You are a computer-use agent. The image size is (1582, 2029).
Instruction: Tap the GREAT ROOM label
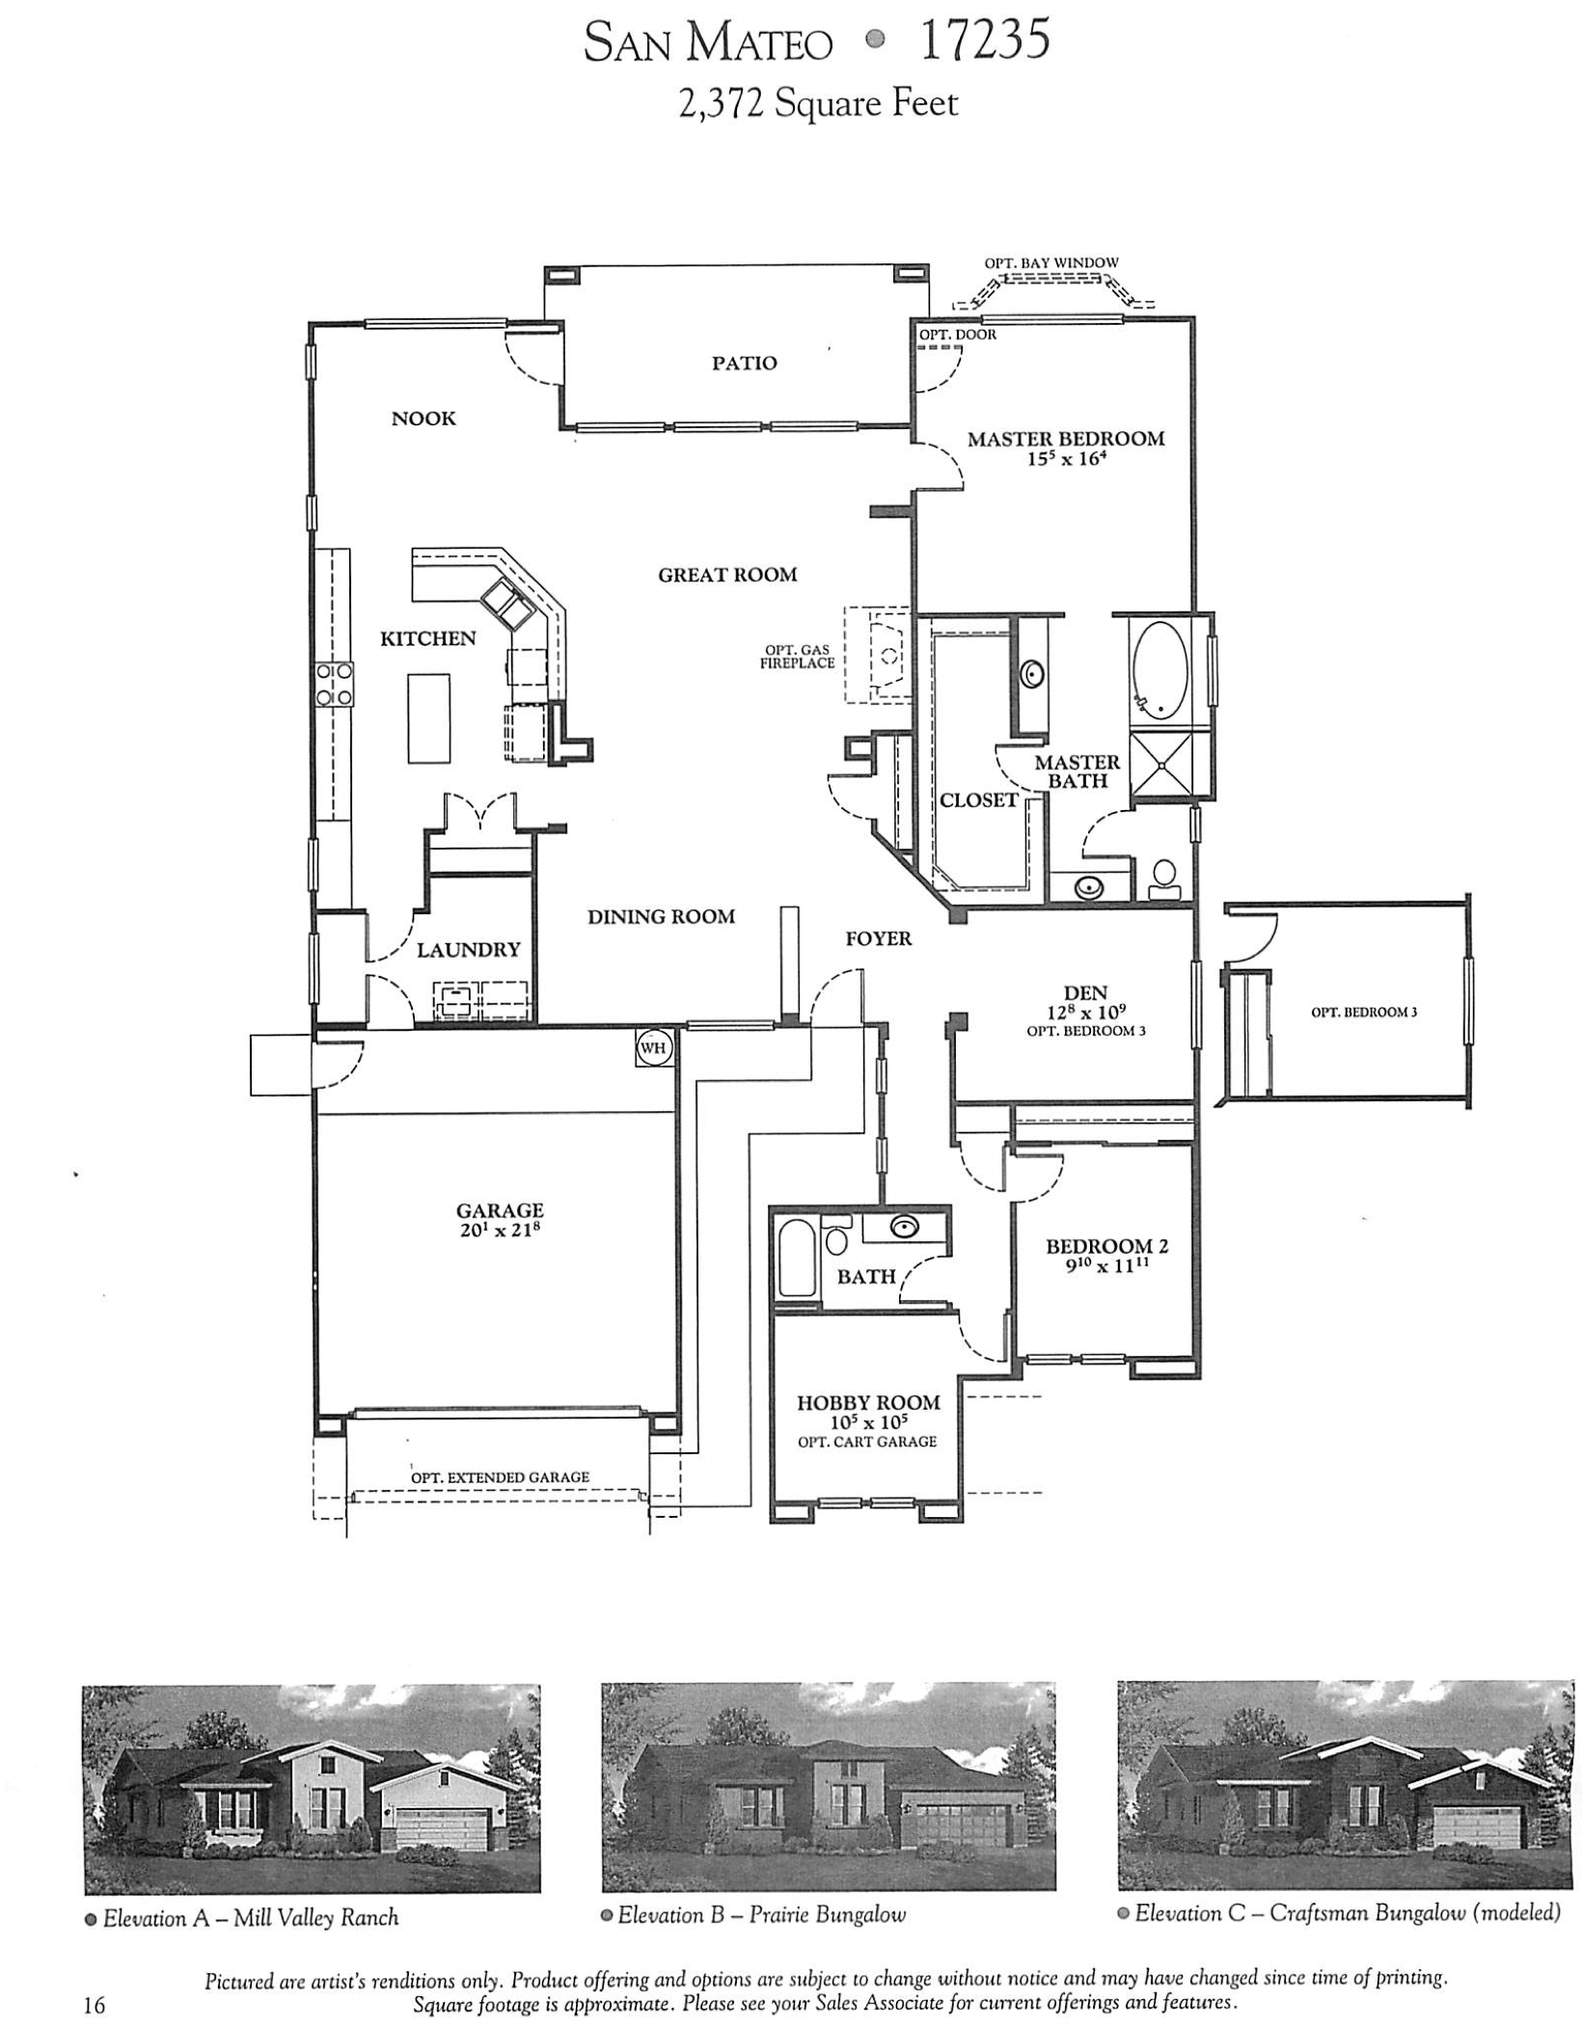click(727, 576)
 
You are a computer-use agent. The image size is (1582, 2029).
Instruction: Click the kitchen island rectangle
click(428, 718)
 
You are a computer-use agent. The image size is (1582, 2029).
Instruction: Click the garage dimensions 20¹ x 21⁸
click(499, 1231)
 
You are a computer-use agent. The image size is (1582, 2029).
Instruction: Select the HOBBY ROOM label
click(867, 1403)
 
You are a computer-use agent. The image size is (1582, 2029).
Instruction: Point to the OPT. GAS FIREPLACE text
click(797, 657)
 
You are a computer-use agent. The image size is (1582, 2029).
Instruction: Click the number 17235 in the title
click(984, 42)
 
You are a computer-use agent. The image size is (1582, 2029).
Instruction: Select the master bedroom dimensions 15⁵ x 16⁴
click(1065, 459)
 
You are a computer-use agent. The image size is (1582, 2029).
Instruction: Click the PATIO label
click(744, 364)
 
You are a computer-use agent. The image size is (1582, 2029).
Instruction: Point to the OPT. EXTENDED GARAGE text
click(499, 1477)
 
